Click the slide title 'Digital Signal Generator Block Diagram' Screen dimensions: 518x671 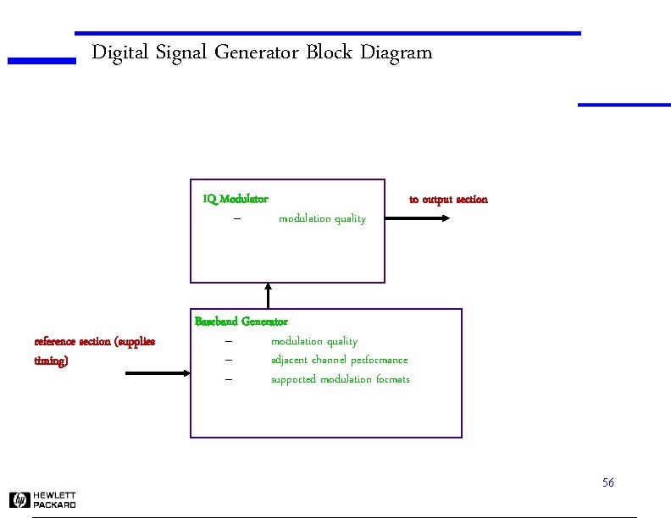point(261,52)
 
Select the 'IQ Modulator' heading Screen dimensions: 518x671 point(236,199)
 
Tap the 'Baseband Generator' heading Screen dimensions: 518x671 point(241,322)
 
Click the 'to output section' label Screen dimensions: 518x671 point(448,200)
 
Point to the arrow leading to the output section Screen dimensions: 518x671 point(418,218)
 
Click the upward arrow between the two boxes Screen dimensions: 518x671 point(269,295)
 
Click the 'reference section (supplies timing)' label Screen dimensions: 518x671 point(94,350)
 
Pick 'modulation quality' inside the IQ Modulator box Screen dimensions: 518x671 point(322,218)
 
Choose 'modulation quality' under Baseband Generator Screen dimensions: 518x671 point(313,341)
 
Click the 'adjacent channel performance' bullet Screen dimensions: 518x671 point(339,360)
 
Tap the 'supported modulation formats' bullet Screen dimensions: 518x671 point(340,379)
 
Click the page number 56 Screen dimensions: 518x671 point(607,482)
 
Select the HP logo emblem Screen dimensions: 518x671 point(19,500)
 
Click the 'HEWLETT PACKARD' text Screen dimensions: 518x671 point(54,500)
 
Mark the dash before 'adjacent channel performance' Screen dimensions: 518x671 point(229,360)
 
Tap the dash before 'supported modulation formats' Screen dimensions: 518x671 point(229,379)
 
